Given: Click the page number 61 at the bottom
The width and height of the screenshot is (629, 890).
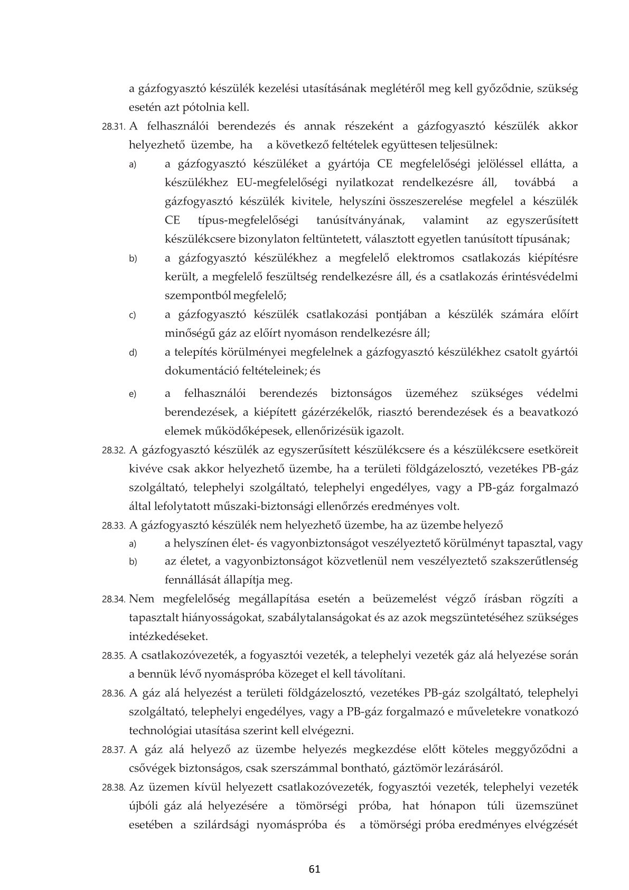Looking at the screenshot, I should (x=315, y=869).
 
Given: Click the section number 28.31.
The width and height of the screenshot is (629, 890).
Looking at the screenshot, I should (x=112, y=127).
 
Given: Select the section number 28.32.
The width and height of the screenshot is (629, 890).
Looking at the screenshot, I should (x=112, y=451).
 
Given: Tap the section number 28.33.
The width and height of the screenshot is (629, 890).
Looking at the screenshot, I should (x=112, y=526).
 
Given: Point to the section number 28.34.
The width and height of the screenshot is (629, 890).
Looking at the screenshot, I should (x=112, y=600).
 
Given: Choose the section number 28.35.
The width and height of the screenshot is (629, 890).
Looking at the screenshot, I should (x=112, y=656).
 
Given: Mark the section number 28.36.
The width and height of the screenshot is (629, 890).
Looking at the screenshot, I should (x=112, y=693).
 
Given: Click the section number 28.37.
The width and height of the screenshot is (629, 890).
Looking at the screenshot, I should (x=112, y=750).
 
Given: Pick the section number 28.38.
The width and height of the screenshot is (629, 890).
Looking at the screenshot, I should (x=112, y=788).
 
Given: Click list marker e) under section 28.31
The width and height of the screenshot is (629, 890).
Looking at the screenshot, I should (x=133, y=394).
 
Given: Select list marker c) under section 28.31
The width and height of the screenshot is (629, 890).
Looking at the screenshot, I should (x=133, y=316).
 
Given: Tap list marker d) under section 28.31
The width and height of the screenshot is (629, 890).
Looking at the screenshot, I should (x=133, y=353).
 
